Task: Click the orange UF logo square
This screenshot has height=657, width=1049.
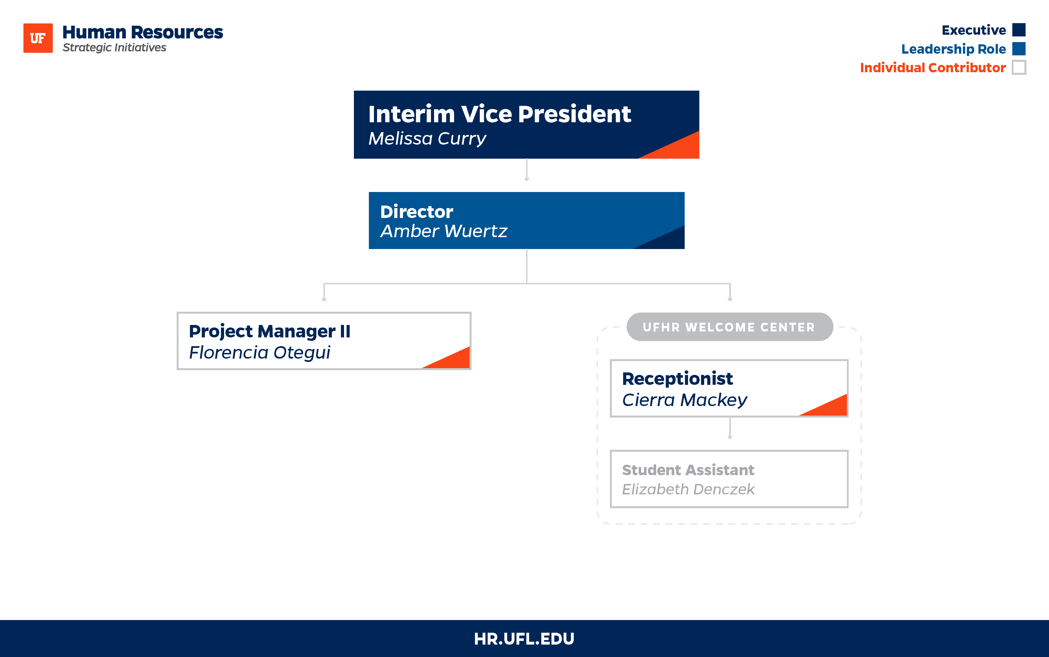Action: pyautogui.click(x=38, y=38)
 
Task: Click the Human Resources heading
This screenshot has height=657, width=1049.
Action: pyautogui.click(x=143, y=32)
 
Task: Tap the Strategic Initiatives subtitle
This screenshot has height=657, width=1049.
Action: pyautogui.click(x=114, y=48)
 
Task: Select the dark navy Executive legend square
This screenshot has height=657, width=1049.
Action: pyautogui.click(x=1019, y=30)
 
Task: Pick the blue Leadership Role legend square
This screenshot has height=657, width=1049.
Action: pyautogui.click(x=1019, y=49)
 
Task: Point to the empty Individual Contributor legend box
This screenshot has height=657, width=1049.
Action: pyautogui.click(x=1019, y=67)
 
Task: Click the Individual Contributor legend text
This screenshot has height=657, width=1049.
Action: pyautogui.click(x=933, y=68)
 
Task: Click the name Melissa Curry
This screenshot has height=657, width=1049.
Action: pyautogui.click(x=427, y=139)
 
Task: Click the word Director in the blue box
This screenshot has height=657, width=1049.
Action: pyautogui.click(x=417, y=212)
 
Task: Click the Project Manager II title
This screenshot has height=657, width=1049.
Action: pyautogui.click(x=269, y=331)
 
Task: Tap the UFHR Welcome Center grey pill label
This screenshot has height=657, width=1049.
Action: pyautogui.click(x=730, y=327)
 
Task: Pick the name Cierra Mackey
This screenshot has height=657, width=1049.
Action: pyautogui.click(x=685, y=400)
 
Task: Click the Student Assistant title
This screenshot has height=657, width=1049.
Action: pyautogui.click(x=688, y=470)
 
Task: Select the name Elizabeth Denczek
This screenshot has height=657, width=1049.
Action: pyautogui.click(x=688, y=489)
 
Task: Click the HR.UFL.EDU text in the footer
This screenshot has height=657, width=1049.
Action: pyautogui.click(x=524, y=639)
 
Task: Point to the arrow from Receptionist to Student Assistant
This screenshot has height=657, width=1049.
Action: pyautogui.click(x=730, y=428)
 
